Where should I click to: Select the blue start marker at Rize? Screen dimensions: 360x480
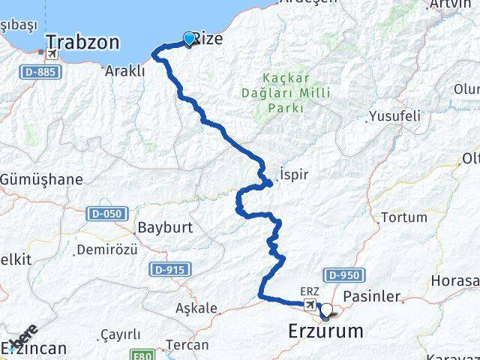click(189, 37)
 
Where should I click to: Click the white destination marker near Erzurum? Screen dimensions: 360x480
click(325, 310)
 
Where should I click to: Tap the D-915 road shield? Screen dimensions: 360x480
click(170, 268)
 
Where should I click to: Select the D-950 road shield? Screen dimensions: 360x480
click(349, 275)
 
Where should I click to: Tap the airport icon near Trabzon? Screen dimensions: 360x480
click(52, 54)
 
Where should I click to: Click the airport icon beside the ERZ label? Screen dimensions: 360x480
click(310, 304)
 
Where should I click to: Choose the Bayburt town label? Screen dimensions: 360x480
click(165, 226)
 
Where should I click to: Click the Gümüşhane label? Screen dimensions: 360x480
click(42, 180)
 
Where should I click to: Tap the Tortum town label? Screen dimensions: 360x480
click(404, 217)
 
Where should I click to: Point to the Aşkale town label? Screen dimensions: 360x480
click(196, 307)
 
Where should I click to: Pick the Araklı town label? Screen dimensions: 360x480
click(125, 71)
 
